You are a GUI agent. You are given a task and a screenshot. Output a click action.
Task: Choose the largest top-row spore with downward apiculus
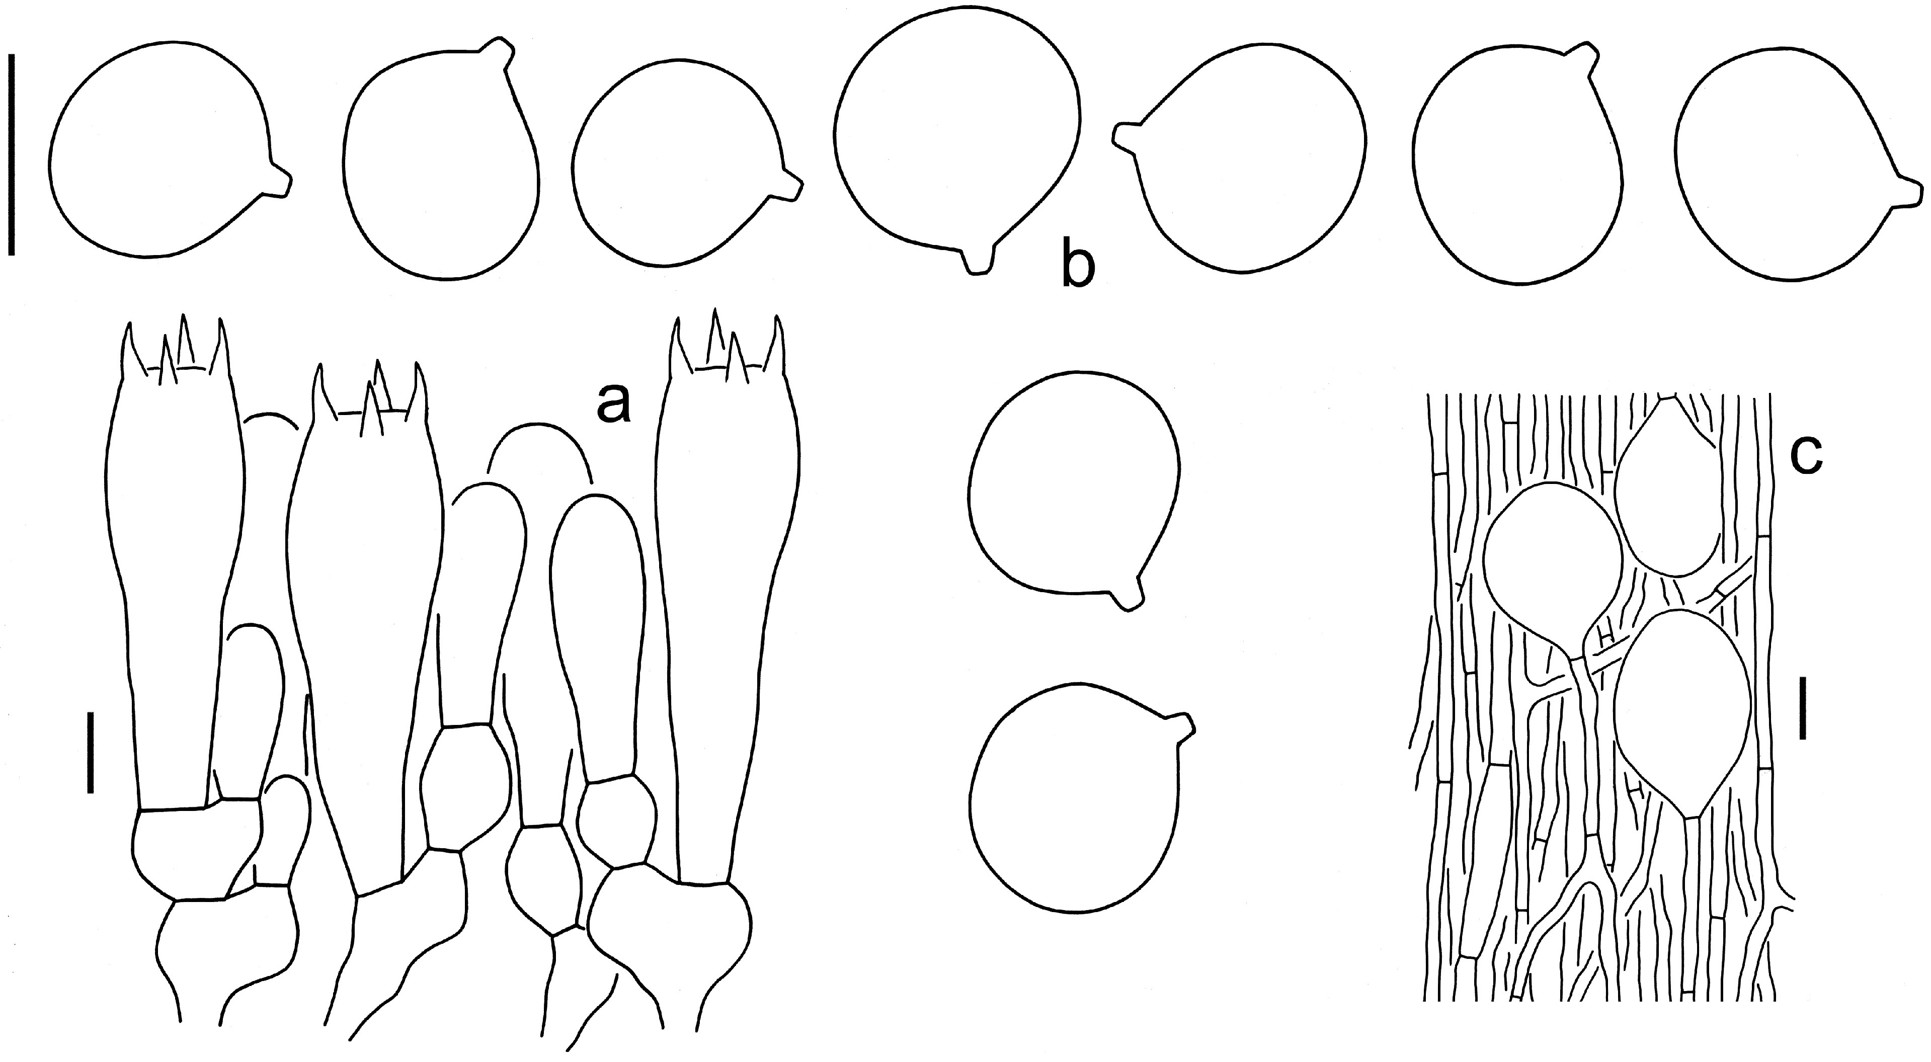pos(956,142)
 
